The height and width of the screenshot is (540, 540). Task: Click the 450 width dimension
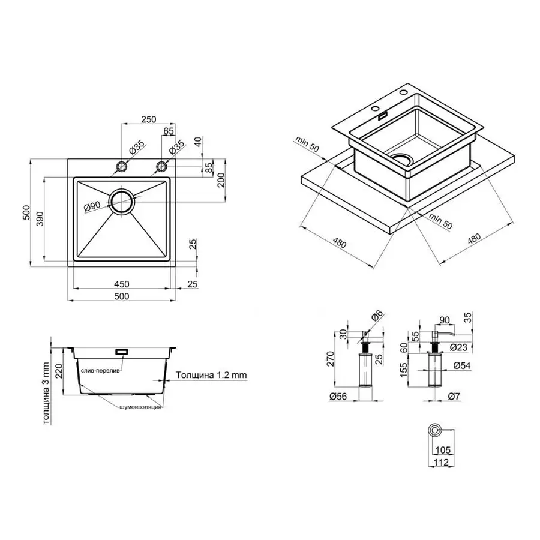tap(121, 284)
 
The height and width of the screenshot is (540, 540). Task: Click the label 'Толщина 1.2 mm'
tap(211, 375)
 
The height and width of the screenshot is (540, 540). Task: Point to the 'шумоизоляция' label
tap(140, 407)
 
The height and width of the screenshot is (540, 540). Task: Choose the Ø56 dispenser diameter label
tap(341, 395)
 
